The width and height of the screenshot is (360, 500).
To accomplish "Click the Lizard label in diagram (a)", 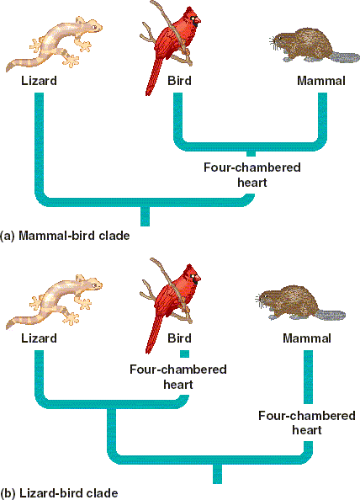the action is coord(39,80).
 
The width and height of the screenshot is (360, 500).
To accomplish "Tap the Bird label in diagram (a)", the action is coord(179,80).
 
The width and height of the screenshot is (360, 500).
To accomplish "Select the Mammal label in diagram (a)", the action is coord(321,80).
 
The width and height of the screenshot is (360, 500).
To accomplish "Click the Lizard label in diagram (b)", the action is coord(39,338).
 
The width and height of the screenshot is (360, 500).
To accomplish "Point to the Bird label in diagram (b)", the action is coord(179,338).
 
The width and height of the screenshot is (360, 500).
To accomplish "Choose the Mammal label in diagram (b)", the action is coord(307,338).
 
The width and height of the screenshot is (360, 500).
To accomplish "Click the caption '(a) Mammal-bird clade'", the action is coord(65,236).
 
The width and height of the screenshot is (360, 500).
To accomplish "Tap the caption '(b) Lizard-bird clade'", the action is coord(59,493).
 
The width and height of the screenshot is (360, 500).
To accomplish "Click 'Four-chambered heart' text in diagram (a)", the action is coord(252,175).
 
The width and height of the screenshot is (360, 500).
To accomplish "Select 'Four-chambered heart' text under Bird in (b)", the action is coord(178,376).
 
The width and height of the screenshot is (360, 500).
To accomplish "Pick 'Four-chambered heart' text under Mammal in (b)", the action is coord(307,423).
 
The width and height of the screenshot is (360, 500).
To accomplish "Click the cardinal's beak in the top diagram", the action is coord(197,21).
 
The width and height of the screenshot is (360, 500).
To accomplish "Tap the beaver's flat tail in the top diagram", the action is coord(345,58).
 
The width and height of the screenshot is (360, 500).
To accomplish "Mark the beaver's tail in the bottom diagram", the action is coord(331,315).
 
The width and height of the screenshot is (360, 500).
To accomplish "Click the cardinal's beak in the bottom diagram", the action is coord(197,279).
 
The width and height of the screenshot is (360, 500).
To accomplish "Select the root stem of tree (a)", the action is coord(145,216).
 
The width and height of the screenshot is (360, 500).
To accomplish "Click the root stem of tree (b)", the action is coord(217,474).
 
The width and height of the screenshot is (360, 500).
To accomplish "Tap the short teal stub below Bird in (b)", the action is coord(185,354).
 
